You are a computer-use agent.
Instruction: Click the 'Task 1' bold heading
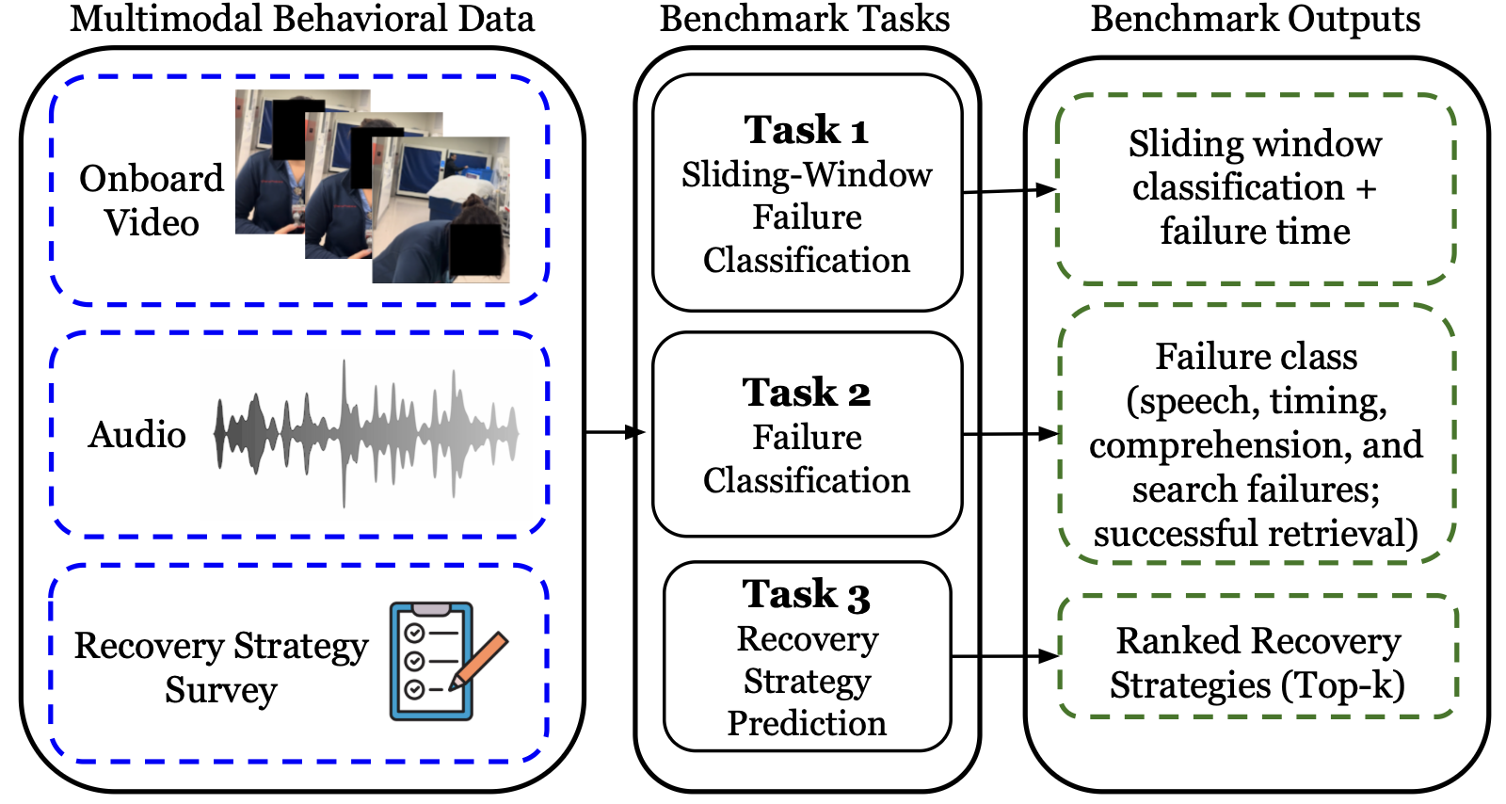(x=807, y=130)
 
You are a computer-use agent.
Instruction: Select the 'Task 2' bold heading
(x=807, y=393)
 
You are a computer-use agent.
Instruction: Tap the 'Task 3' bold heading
(x=807, y=594)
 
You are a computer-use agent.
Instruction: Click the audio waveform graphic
(x=365, y=434)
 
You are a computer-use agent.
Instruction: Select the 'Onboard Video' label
(x=152, y=201)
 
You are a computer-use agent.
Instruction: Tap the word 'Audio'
(x=137, y=435)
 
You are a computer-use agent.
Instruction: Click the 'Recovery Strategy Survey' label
(x=221, y=667)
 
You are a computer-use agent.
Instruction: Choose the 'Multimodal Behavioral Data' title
(x=302, y=19)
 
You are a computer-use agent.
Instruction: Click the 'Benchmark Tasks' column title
(x=805, y=19)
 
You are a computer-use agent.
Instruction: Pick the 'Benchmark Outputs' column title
(x=1256, y=19)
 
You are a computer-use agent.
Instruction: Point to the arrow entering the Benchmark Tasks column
(x=614, y=432)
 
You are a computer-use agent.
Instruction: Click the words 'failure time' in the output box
(x=1256, y=232)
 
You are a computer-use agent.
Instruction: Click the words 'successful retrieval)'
(x=1256, y=534)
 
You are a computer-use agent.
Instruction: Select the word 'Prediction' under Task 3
(x=807, y=723)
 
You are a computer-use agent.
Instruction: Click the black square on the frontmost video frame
(x=476, y=250)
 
